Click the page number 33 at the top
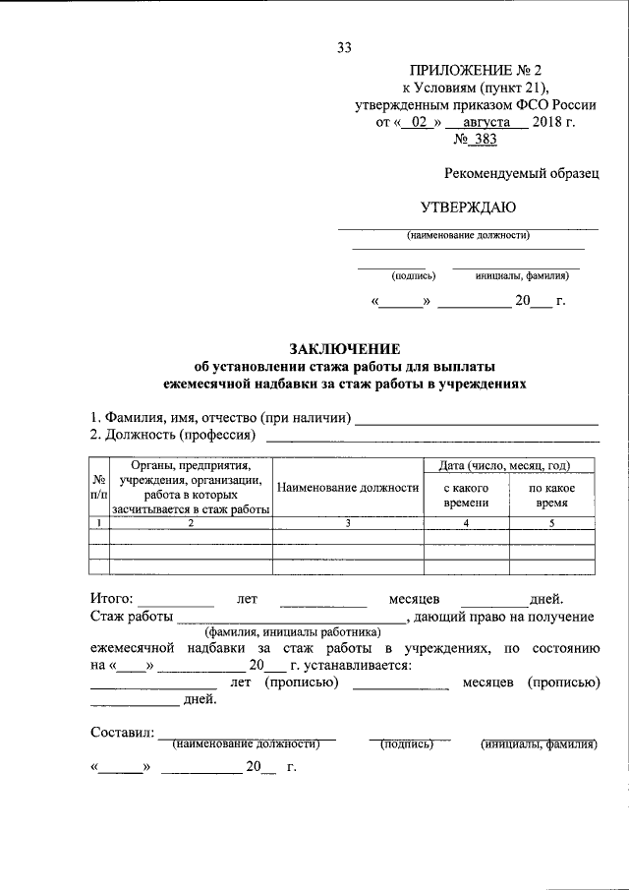click(344, 47)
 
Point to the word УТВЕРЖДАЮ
click(468, 207)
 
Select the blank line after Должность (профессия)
click(432, 435)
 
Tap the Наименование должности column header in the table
click(348, 488)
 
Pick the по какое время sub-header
click(551, 495)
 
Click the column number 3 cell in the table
click(348, 523)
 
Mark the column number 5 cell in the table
click(551, 523)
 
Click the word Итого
click(111, 598)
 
